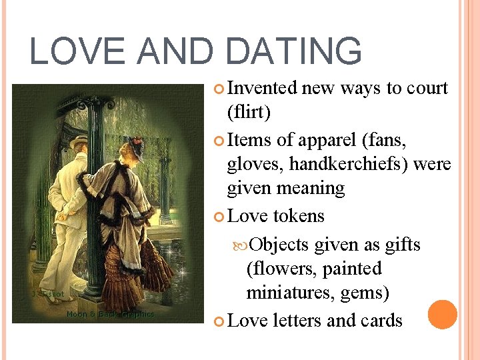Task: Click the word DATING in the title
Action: [293, 51]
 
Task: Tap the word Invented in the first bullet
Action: [262, 88]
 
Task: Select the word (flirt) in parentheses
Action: [249, 113]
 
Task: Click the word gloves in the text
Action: [249, 163]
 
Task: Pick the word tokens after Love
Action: [298, 216]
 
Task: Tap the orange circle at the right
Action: [443, 315]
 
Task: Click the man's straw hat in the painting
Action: [81, 141]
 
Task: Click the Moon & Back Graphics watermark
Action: [110, 314]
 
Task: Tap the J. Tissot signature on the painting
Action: [48, 294]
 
